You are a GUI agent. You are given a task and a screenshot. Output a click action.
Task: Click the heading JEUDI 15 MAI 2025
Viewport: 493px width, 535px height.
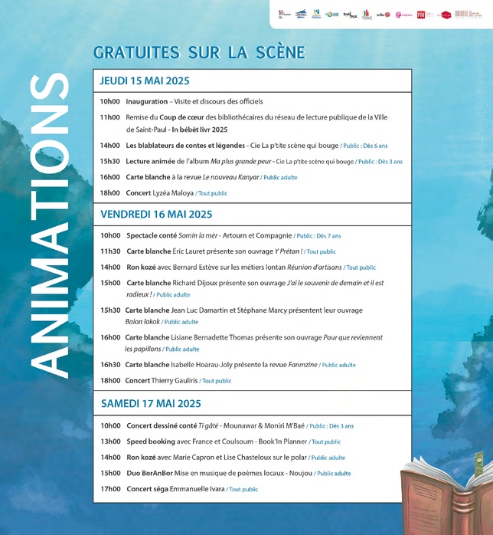pos(145,81)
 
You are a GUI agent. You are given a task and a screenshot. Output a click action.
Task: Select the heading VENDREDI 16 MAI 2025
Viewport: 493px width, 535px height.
pos(156,215)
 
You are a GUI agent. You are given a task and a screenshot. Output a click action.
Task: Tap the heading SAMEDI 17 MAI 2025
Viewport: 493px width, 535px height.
pos(150,403)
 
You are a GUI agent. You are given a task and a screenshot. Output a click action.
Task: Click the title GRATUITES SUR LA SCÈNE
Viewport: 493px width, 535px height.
pos(199,52)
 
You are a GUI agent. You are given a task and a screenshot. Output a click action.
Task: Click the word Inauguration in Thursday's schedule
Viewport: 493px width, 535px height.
pos(146,102)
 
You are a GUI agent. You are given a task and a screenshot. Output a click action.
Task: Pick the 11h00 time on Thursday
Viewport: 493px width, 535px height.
pos(109,117)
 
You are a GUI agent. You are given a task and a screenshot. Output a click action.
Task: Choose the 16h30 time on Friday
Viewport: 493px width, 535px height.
pos(109,365)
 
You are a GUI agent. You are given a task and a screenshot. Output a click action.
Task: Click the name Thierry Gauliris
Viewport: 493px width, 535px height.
pos(175,380)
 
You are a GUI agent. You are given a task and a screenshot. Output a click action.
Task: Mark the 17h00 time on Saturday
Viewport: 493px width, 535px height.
pos(109,489)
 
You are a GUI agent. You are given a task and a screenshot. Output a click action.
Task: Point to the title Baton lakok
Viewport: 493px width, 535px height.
pos(142,322)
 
